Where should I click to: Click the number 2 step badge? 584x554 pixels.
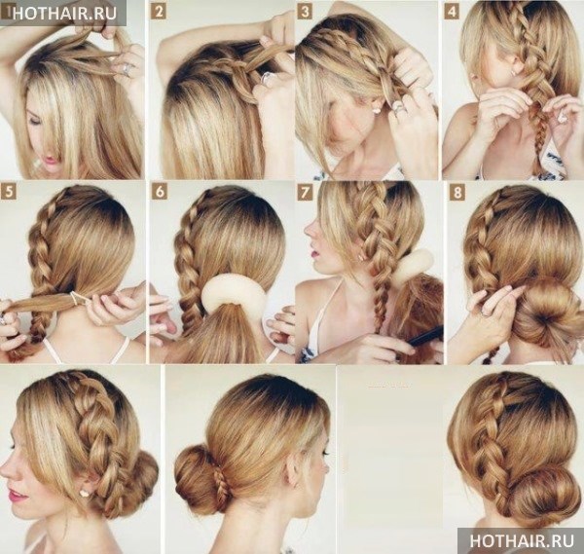(159, 13)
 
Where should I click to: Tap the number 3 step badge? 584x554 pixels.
(305, 13)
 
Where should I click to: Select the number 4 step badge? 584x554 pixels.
(452, 13)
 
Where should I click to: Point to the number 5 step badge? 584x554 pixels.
(11, 193)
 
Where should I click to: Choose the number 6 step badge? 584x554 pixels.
(160, 193)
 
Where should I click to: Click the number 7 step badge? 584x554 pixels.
(305, 193)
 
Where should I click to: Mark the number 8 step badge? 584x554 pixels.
(457, 193)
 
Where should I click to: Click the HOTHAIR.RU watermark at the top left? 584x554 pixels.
(64, 13)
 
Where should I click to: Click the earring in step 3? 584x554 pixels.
(377, 110)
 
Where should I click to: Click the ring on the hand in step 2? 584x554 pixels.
(265, 78)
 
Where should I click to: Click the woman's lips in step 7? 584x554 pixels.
(315, 253)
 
